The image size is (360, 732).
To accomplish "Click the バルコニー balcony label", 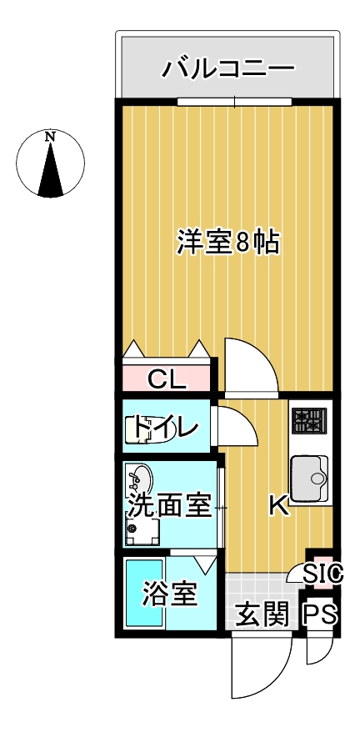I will [228, 68].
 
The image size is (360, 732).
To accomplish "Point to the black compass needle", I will [52, 171].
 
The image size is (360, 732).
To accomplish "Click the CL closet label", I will [167, 380].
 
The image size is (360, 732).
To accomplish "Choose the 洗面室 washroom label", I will [169, 504].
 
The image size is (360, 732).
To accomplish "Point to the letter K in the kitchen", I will [278, 506].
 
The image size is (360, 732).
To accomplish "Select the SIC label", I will [322, 574].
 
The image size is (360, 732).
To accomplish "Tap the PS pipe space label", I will [320, 615].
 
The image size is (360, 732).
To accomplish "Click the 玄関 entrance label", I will [262, 615].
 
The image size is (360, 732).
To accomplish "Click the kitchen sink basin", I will [310, 479].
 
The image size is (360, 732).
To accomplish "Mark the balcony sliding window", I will [235, 103].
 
